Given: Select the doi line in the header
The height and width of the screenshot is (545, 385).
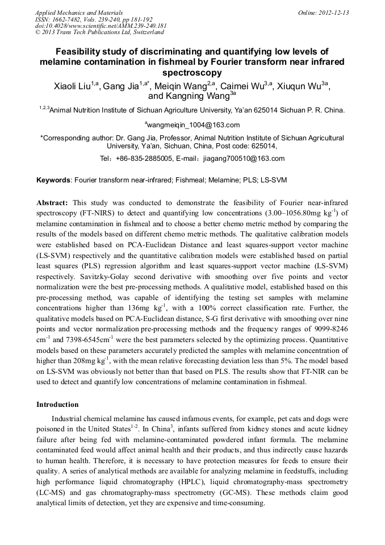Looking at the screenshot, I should click(101, 26).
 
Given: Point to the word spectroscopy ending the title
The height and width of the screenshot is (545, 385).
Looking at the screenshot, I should click(192, 73).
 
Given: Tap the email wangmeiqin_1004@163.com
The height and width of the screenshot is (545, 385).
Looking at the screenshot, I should click(193, 125).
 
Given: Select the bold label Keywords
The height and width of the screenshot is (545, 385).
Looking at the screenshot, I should click(53, 180).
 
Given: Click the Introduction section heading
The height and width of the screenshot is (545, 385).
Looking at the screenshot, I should click(57, 405).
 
